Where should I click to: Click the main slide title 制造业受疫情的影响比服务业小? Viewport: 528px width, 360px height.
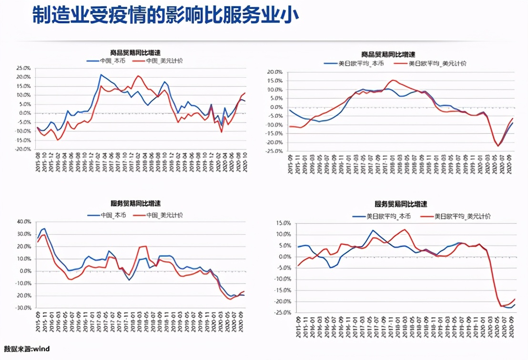click(165, 16)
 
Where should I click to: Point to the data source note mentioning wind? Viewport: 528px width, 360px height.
click(27, 349)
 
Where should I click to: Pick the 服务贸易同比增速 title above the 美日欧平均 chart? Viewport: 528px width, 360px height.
click(402, 204)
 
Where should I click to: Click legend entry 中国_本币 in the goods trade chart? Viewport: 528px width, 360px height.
click(112, 61)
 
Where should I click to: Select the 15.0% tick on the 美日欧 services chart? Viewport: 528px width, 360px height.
click(284, 223)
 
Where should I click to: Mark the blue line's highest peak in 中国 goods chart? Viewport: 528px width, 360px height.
click(101, 75)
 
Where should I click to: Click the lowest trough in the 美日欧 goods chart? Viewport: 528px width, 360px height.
click(498, 146)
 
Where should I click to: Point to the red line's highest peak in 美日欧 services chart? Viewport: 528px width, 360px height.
click(405, 230)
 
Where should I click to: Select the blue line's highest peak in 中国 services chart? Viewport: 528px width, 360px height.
click(45, 229)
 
